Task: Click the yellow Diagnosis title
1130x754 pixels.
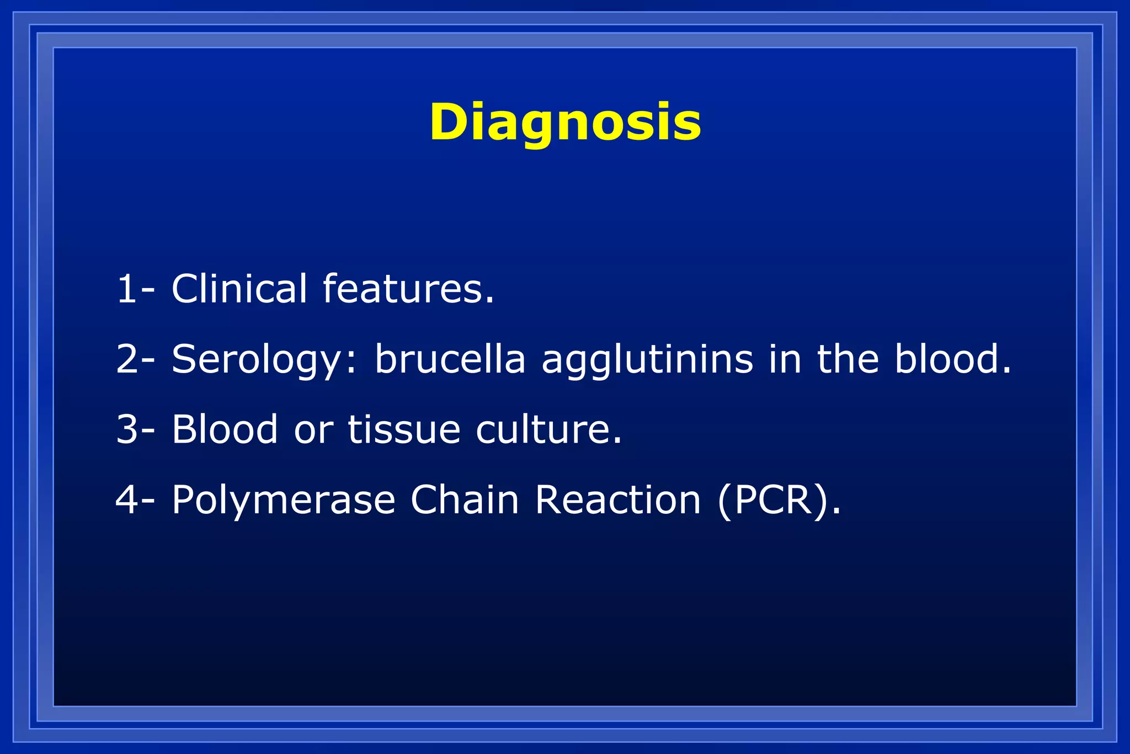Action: coord(565,123)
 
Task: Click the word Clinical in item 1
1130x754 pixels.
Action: coord(239,289)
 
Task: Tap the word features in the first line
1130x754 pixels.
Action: coord(408,289)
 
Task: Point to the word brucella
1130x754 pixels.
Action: coord(450,359)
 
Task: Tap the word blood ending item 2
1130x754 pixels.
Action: coord(952,359)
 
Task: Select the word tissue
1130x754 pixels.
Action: coord(404,429)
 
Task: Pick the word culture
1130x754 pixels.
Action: coord(548,429)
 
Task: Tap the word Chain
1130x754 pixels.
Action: coord(465,500)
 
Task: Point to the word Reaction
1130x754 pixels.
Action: coord(617,500)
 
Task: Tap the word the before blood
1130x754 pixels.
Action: coord(847,359)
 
